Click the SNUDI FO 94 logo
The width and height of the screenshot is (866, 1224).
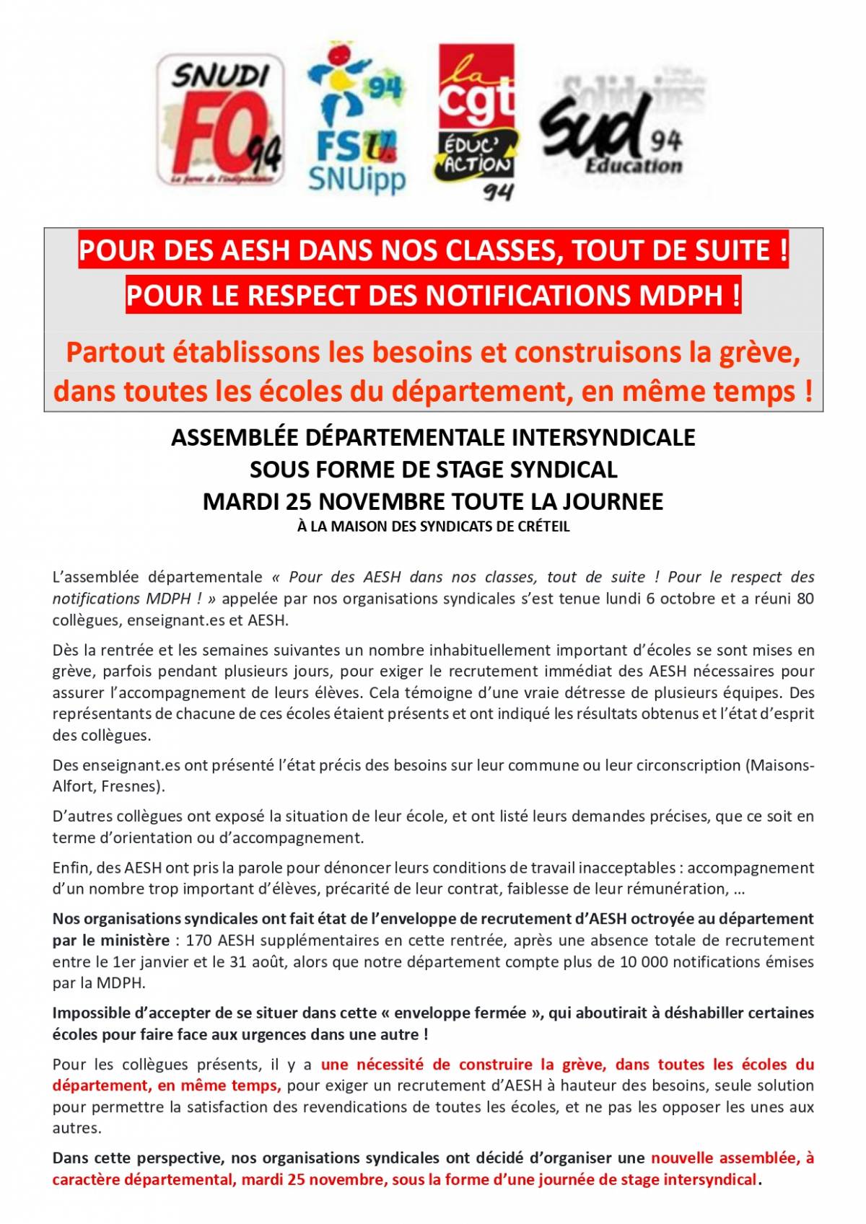(x=220, y=121)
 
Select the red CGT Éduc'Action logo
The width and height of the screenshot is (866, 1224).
(x=476, y=121)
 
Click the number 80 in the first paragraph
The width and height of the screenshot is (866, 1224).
(x=805, y=599)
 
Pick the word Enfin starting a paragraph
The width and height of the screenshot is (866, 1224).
(x=71, y=868)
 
